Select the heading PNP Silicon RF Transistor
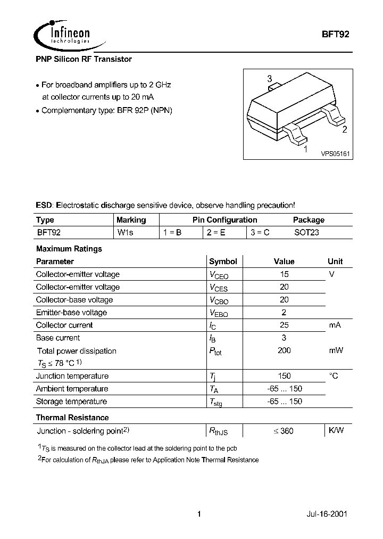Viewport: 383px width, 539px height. point(84,59)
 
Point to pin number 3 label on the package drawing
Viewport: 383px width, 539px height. point(270,79)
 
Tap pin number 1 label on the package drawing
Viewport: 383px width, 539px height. point(305,150)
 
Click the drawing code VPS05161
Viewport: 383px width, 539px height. point(335,153)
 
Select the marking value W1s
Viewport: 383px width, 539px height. point(126,233)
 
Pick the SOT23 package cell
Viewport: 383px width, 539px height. point(306,233)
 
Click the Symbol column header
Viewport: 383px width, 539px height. point(223,262)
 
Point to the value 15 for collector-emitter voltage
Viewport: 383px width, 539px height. point(284,274)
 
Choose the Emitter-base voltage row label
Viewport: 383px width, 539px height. point(71,313)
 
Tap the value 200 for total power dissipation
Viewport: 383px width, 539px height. point(284,350)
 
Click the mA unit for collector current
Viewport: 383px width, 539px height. point(335,325)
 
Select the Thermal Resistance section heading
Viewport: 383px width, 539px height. point(72,418)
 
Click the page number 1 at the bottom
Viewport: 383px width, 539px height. point(199,514)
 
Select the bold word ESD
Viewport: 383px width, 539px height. point(44,205)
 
